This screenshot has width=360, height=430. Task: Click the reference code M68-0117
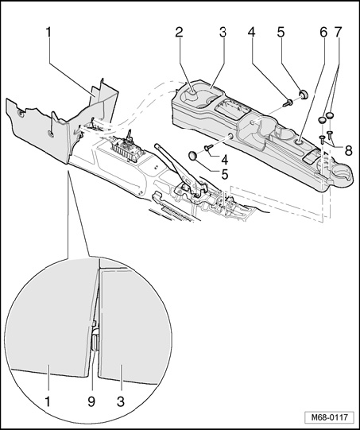pyautogui.click(x=329, y=417)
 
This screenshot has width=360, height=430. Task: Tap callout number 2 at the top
pyautogui.click(x=179, y=33)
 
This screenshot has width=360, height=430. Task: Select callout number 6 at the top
pyautogui.click(x=323, y=33)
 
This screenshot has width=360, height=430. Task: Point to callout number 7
pyautogui.click(x=338, y=33)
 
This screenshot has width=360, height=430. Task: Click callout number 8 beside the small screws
pyautogui.click(x=348, y=150)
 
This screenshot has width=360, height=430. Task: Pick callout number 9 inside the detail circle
pyautogui.click(x=91, y=401)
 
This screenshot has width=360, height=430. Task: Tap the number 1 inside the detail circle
pyautogui.click(x=48, y=401)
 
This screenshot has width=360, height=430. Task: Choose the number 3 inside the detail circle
pyautogui.click(x=121, y=401)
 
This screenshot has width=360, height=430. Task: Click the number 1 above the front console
pyautogui.click(x=48, y=33)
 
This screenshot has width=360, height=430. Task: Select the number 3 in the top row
pyautogui.click(x=223, y=33)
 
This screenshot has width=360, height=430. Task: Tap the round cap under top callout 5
pyautogui.click(x=304, y=94)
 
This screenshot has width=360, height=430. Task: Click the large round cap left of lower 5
pyautogui.click(x=194, y=155)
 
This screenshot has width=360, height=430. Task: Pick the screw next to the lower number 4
pyautogui.click(x=209, y=148)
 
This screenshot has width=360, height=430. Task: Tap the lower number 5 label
pyautogui.click(x=225, y=175)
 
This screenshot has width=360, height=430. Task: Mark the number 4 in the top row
pyautogui.click(x=251, y=33)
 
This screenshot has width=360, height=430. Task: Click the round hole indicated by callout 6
pyautogui.click(x=299, y=142)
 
